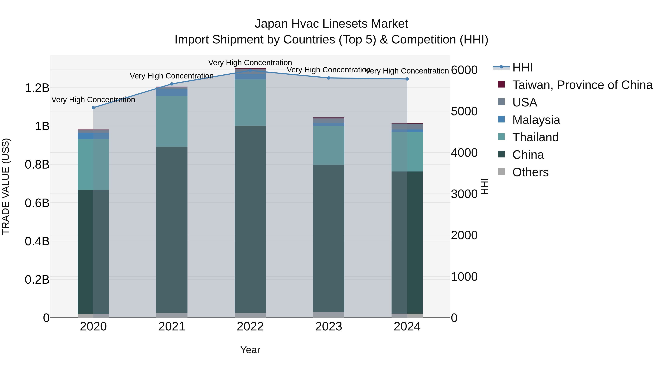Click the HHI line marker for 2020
tap(93, 108)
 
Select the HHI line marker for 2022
tap(250, 70)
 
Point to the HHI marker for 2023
tap(329, 78)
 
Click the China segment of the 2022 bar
tap(250, 219)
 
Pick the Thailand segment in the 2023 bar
tap(329, 146)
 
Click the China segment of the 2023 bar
tap(329, 238)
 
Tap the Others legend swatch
tap(501, 172)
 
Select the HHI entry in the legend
tap(522, 67)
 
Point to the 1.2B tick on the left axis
tap(37, 88)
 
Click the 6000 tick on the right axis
tap(464, 70)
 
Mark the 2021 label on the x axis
tap(172, 327)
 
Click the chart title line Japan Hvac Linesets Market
tap(331, 24)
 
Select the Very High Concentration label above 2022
tap(250, 63)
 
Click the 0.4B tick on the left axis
tap(37, 241)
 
